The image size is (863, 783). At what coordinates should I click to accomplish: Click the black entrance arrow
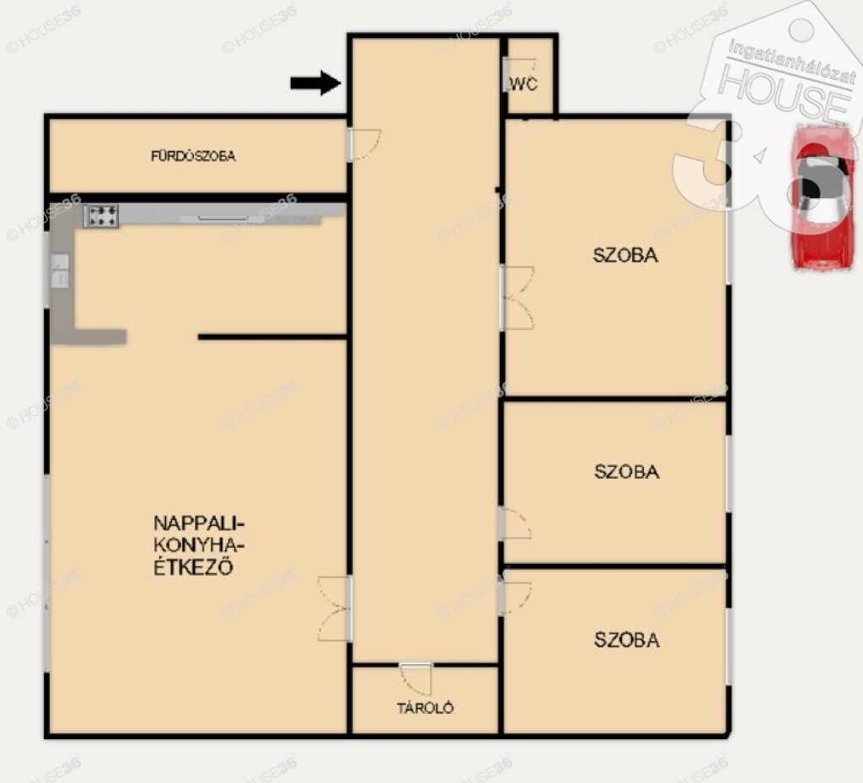[315, 83]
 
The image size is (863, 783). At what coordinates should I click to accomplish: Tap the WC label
[523, 84]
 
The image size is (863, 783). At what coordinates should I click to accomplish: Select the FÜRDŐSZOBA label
[193, 156]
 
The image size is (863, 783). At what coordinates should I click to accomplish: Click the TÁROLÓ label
[426, 708]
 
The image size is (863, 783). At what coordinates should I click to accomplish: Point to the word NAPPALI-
[199, 523]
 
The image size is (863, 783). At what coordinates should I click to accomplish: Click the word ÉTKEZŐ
[193, 566]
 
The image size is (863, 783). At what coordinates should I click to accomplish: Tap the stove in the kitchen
[101, 217]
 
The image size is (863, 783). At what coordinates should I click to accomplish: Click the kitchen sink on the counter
[60, 271]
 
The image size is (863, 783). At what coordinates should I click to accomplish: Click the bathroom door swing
[365, 145]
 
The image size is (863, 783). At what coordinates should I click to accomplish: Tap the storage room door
[416, 679]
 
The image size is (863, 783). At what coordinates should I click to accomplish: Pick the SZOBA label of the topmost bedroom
[625, 255]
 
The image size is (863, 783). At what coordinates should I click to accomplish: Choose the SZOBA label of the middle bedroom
[626, 471]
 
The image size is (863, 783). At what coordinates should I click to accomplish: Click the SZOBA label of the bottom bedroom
[626, 640]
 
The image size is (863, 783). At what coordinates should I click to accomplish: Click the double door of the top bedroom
[517, 298]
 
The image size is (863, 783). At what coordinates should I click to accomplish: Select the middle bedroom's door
[515, 523]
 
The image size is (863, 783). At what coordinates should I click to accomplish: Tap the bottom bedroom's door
[515, 598]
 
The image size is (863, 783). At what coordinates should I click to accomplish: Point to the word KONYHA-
[199, 544]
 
